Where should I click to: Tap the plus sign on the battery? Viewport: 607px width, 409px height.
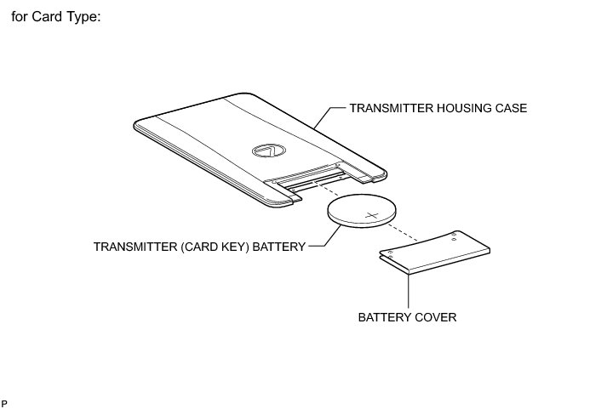tap(371, 214)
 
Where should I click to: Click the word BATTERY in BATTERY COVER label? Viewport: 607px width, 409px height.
tap(385, 317)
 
